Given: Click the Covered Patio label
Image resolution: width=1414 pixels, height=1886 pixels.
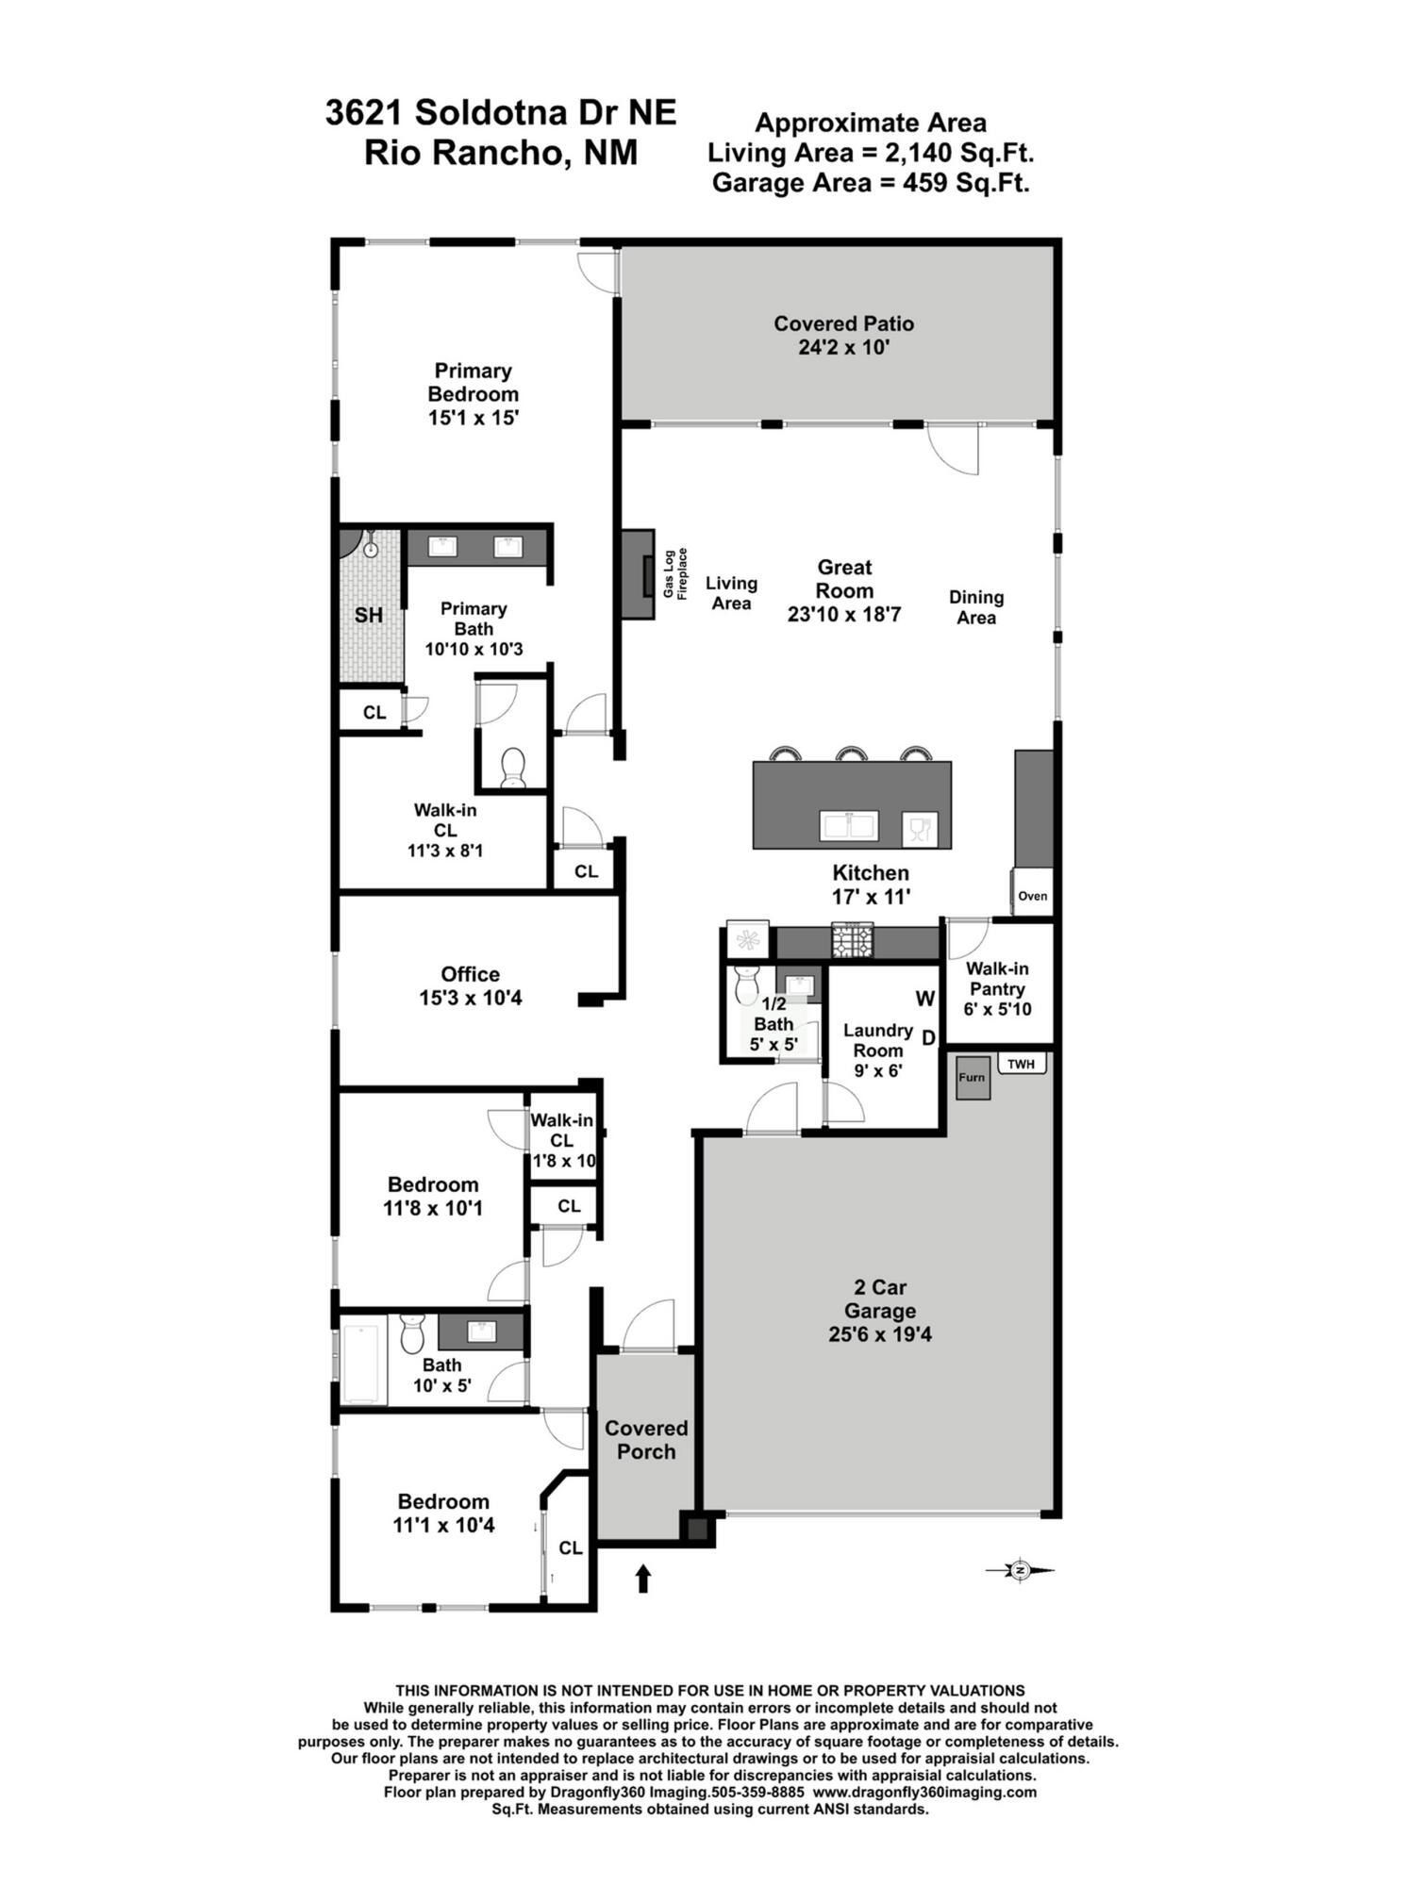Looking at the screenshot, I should [x=843, y=335].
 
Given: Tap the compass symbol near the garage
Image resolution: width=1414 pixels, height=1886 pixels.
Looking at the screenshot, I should [x=1019, y=1570].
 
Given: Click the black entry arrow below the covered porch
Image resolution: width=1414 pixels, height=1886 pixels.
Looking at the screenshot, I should [x=643, y=1578].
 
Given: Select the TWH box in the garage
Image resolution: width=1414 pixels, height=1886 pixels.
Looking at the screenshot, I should [x=1021, y=1065].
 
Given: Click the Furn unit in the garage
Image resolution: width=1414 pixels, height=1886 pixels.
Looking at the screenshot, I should [x=972, y=1078].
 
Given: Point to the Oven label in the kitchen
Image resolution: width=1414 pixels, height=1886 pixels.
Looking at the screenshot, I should [x=1032, y=896].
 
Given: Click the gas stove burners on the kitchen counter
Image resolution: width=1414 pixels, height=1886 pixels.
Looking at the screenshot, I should [x=852, y=940].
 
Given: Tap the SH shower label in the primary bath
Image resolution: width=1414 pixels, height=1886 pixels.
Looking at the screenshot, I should [x=369, y=615].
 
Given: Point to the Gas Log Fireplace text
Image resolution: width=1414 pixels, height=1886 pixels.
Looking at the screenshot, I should [x=675, y=572].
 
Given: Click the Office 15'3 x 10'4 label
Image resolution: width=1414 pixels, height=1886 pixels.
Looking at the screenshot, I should [x=470, y=985].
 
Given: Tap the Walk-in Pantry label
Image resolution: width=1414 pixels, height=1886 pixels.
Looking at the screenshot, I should [x=997, y=988].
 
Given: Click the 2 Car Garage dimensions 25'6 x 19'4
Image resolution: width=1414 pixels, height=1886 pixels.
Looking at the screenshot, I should [x=879, y=1334].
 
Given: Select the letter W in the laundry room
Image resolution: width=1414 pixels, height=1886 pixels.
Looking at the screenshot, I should [x=924, y=999].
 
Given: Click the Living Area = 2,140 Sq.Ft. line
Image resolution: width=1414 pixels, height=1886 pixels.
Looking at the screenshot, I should [x=871, y=152].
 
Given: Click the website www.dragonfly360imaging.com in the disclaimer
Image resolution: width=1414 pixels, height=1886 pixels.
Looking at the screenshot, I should [x=924, y=1792].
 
